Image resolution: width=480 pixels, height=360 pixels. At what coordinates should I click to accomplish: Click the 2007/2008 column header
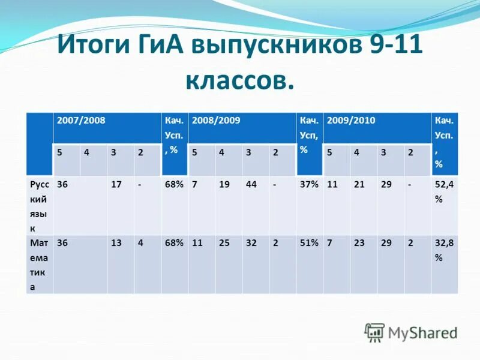click(x=81, y=121)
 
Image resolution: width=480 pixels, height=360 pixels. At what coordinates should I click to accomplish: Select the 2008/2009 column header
click(x=216, y=121)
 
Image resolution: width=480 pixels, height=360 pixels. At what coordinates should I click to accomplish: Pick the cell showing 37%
click(x=309, y=185)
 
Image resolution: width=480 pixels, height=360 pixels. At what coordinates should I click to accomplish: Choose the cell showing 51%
click(x=309, y=244)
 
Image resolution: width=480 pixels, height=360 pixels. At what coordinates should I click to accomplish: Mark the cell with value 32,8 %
click(x=443, y=250)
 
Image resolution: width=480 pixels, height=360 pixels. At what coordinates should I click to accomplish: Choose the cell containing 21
click(x=359, y=185)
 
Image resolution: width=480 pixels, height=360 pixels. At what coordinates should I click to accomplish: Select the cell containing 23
click(x=359, y=244)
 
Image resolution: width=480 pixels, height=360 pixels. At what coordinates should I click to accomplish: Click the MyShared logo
click(x=412, y=332)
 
